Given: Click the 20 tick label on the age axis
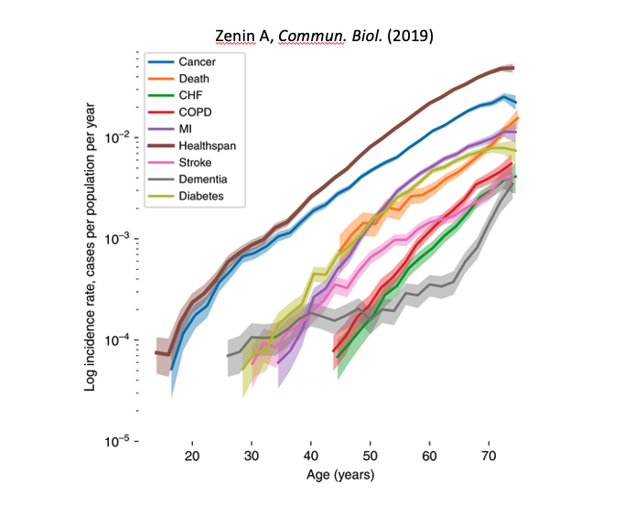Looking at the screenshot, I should [192, 455].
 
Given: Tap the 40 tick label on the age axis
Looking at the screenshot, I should [311, 455].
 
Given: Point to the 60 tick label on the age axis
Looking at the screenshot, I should [429, 455].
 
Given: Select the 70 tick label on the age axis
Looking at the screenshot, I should [489, 455].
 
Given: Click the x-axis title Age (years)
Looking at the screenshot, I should [340, 475].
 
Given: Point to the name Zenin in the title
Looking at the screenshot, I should [235, 37].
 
